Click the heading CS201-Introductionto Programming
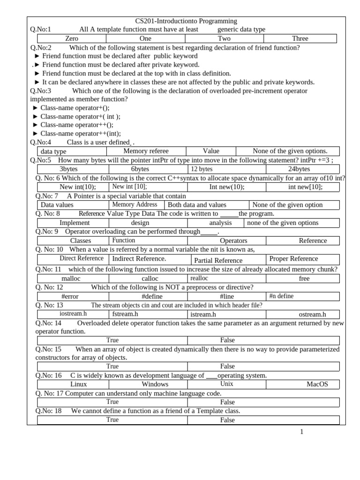(x=186, y=21)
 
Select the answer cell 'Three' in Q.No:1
(x=300, y=38)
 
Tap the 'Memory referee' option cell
(x=146, y=151)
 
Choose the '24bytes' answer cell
(x=302, y=169)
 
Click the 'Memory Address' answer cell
(x=135, y=204)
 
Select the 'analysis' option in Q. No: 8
(x=220, y=223)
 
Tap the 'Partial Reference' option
(x=218, y=260)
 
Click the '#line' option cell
(x=226, y=296)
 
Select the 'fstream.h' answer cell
(x=125, y=314)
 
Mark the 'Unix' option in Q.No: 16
(x=226, y=384)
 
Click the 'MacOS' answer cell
(x=317, y=384)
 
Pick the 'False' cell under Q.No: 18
(x=227, y=420)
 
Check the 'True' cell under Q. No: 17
(x=112, y=402)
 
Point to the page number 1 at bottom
(x=302, y=432)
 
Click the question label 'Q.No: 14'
(x=48, y=323)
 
